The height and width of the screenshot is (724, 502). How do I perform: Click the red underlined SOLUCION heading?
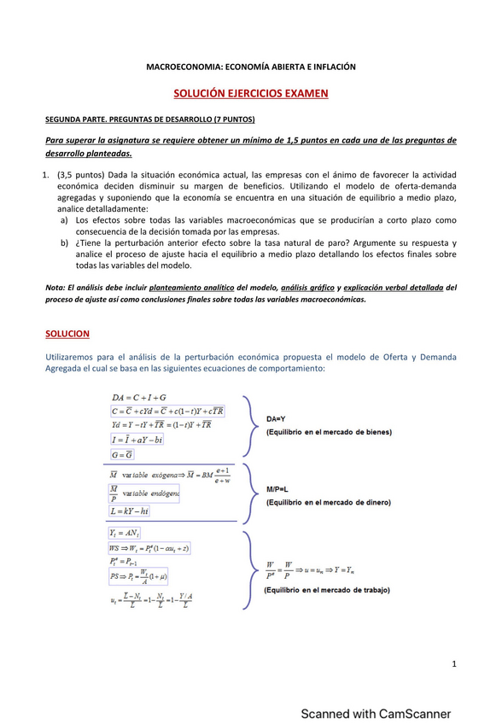(67, 333)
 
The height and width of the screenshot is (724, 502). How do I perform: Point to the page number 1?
(455, 664)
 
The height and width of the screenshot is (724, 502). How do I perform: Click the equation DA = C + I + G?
(139, 398)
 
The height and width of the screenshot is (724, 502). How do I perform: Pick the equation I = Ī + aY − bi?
(137, 440)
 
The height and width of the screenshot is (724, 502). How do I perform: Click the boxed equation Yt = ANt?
(125, 533)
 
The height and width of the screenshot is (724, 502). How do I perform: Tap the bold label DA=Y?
(276, 419)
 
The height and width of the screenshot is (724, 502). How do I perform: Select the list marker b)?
(65, 243)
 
